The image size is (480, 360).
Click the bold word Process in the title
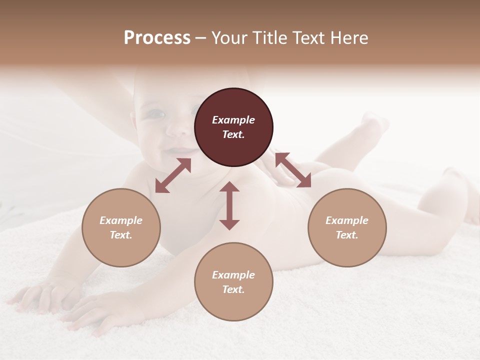tap(157, 38)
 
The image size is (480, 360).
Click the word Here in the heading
tap(349, 38)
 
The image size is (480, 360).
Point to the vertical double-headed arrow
tap(229, 205)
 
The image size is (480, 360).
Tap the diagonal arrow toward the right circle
tap(293, 170)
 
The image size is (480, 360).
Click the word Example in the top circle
tap(233, 120)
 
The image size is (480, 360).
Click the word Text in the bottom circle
tap(233, 289)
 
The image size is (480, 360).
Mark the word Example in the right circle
tap(347, 220)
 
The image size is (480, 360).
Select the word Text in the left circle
tap(120, 235)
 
